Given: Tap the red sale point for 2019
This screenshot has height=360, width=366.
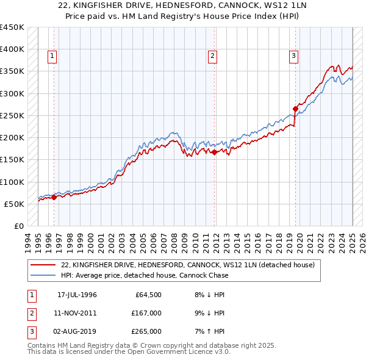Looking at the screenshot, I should pos(296,109).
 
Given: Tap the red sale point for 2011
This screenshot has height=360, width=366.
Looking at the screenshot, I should pos(215,153).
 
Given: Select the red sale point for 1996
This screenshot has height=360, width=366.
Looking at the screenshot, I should pos(54,197).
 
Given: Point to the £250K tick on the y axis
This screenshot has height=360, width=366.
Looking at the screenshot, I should pos(12,115).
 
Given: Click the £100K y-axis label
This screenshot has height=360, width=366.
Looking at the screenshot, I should pos(12,182).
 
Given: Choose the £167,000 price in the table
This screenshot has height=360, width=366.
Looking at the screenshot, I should pos(147,313).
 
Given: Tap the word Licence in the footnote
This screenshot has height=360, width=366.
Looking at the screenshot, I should pos(190,352).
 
